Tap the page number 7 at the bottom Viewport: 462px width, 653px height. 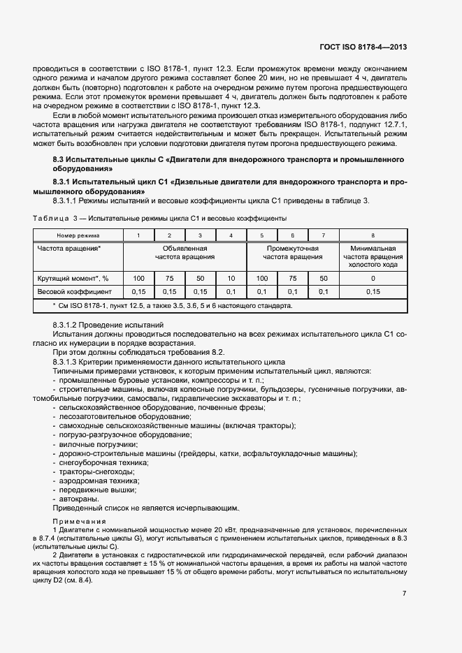(404, 594)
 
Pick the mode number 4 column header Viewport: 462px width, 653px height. (231, 235)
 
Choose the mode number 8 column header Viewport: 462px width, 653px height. (373, 235)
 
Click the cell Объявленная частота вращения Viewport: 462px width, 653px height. (185, 252)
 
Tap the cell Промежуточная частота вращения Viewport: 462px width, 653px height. (292, 252)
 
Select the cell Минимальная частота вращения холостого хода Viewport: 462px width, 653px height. (373, 256)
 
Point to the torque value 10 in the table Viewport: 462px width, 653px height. (231, 278)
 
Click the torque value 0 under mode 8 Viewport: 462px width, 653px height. (373, 278)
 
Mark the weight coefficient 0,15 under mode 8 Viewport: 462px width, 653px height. (373, 291)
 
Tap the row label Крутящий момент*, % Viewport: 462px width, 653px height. (73, 278)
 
